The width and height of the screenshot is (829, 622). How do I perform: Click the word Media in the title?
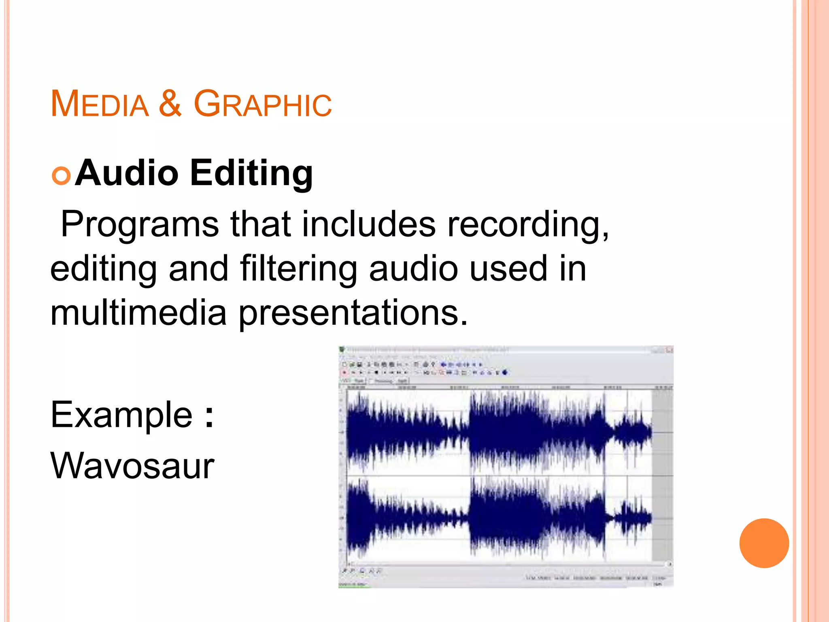100,104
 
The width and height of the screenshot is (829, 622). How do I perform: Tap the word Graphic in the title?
263,104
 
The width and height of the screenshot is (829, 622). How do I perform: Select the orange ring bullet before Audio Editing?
61,176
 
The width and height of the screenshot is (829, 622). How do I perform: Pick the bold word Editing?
251,174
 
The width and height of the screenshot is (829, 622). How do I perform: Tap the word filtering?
298,269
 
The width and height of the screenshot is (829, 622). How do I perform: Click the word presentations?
353,313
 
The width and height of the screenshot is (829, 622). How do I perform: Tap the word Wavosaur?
132,466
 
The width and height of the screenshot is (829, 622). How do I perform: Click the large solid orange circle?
764,543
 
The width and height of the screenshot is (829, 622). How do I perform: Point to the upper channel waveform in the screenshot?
498,431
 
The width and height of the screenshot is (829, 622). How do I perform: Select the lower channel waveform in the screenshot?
498,518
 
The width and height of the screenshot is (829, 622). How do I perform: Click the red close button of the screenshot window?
670,349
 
